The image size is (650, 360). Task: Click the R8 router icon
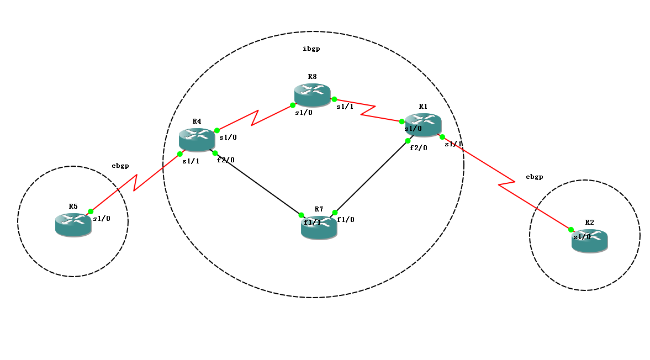[312, 95]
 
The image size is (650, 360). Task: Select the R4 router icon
[197, 139]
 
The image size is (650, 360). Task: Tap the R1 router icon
[423, 125]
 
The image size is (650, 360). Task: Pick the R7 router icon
[319, 227]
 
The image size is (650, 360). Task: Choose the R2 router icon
[589, 241]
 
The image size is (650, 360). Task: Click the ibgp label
[311, 49]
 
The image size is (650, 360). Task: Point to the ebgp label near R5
[120, 165]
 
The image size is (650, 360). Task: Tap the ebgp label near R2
[534, 177]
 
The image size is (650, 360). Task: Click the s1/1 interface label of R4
[191, 161]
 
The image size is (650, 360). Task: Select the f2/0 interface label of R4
[225, 160]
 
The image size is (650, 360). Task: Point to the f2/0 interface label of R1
[418, 147]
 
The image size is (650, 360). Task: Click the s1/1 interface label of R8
[345, 107]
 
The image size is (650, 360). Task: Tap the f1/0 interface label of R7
[346, 219]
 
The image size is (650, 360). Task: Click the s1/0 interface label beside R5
[102, 218]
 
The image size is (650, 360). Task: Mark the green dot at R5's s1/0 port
[91, 211]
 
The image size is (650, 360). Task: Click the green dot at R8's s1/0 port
[293, 104]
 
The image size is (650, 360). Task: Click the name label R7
[319, 209]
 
